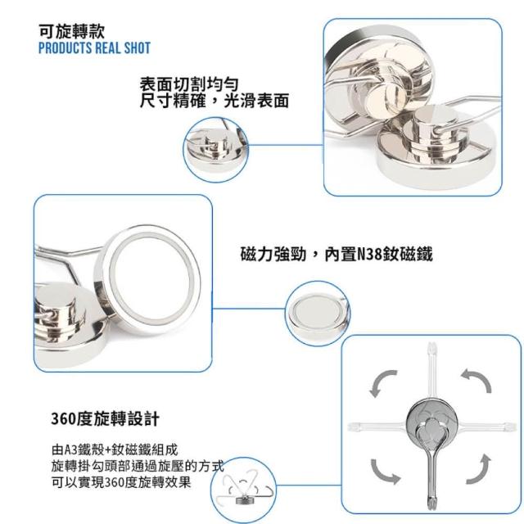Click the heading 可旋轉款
pyautogui.click(x=72, y=32)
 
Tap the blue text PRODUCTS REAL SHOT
pyautogui.click(x=95, y=47)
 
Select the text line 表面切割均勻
pyautogui.click(x=189, y=84)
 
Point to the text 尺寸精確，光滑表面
pyautogui.click(x=215, y=101)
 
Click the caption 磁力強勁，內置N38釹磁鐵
pyautogui.click(x=337, y=254)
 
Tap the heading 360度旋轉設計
pyautogui.click(x=106, y=418)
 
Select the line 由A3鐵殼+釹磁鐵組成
pyautogui.click(x=115, y=449)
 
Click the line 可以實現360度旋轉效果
pyautogui.click(x=121, y=482)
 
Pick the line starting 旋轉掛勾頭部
pyautogui.click(x=138, y=466)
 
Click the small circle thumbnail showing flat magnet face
pyautogui.click(x=318, y=313)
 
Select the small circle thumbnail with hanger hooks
pyautogui.click(x=244, y=490)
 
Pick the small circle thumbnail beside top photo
pyautogui.click(x=216, y=150)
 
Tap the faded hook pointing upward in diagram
pyautogui.click(x=431, y=374)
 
